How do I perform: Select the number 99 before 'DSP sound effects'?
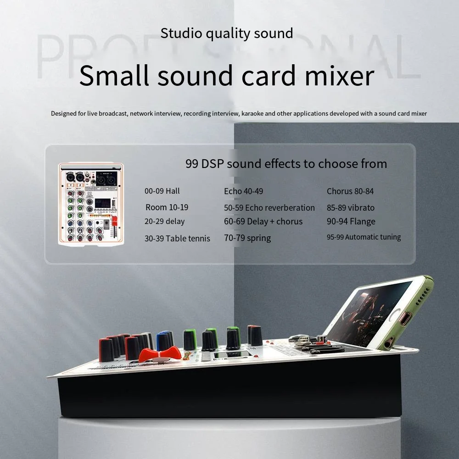click(192, 164)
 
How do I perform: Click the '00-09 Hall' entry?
click(162, 191)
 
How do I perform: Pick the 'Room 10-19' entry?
click(167, 207)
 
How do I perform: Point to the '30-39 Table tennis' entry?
click(177, 238)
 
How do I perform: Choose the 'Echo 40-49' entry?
click(244, 191)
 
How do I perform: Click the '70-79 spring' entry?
click(247, 238)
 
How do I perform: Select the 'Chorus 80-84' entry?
click(350, 191)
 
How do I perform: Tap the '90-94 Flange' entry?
click(351, 222)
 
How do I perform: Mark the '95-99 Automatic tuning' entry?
click(364, 237)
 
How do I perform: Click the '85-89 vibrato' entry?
click(351, 207)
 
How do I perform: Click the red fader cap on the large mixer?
click(158, 354)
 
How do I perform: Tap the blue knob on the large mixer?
click(163, 341)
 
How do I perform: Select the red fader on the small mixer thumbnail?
click(115, 221)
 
